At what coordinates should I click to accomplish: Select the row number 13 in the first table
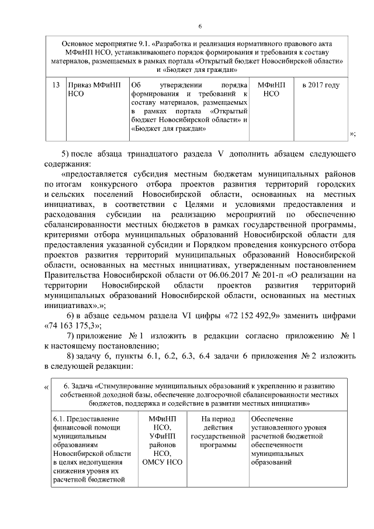click(x=56, y=85)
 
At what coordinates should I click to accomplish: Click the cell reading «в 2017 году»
click(x=320, y=85)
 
